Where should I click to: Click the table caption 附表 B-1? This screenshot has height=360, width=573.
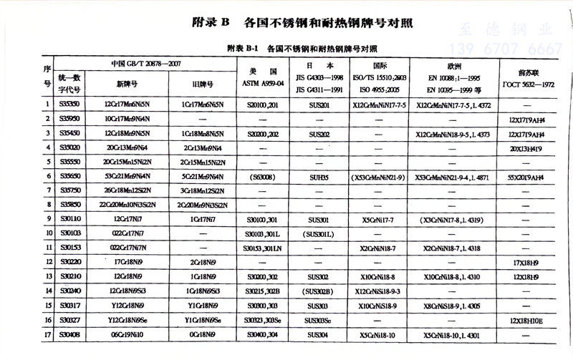pyautogui.click(x=245, y=50)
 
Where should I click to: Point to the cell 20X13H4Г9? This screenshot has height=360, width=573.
pyautogui.click(x=529, y=147)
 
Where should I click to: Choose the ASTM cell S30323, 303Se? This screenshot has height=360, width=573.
pyautogui.click(x=261, y=320)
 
